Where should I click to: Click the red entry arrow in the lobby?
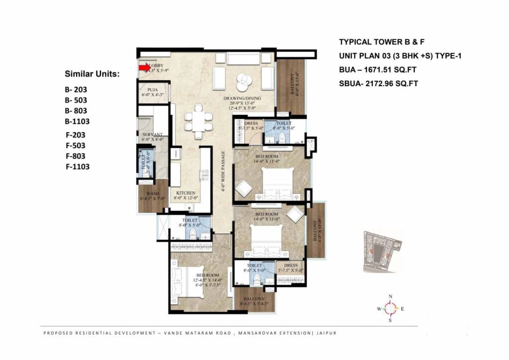(x=145, y=68)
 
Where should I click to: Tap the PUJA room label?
(x=152, y=90)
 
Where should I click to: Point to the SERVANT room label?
(x=152, y=135)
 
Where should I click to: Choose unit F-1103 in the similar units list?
(x=77, y=166)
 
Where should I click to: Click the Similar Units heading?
(x=92, y=74)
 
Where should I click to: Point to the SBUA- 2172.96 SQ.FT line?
(x=378, y=84)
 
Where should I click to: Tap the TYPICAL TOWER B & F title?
(x=382, y=42)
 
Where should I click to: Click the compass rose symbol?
(x=390, y=308)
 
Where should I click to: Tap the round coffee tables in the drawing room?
(x=243, y=82)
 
